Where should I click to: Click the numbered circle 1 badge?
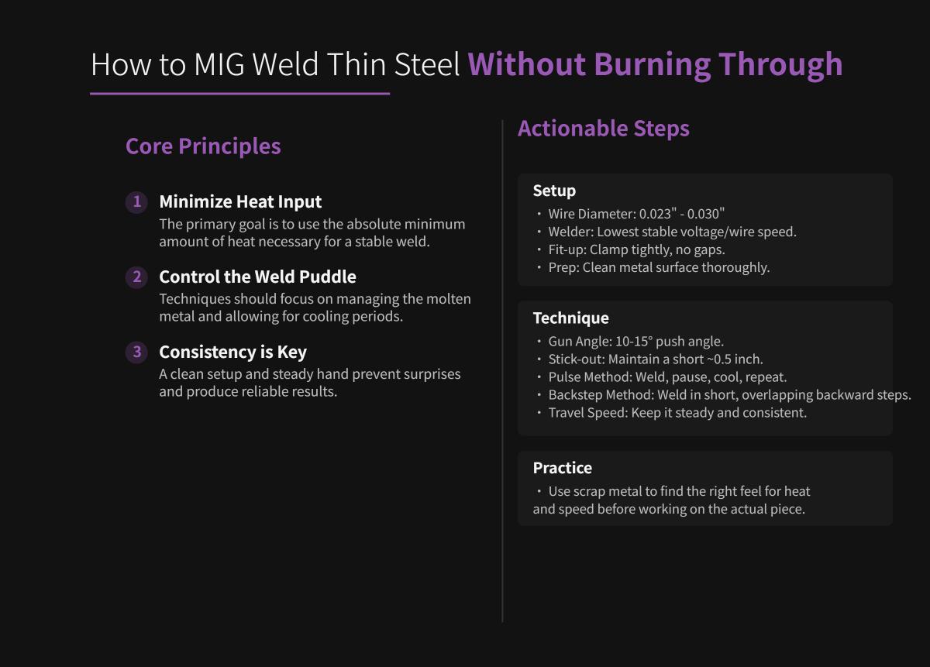coord(136,202)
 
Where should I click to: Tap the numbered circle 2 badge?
coord(136,277)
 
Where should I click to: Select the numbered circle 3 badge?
coord(136,352)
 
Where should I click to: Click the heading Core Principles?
coord(203,146)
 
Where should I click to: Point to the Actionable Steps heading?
coord(603,128)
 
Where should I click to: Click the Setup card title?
coord(554,191)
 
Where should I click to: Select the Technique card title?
coord(570,318)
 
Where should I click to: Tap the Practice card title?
coord(562,468)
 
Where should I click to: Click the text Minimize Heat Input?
coord(240,201)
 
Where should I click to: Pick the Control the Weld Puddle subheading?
coord(257,277)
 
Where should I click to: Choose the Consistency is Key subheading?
coord(232,352)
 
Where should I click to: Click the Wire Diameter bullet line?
coord(635,214)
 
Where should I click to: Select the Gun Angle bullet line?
coord(635,341)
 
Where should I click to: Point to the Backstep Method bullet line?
coord(728,394)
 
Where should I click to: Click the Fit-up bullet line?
coord(635,249)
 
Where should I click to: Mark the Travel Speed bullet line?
coord(677,412)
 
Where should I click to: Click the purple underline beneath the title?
coord(239,94)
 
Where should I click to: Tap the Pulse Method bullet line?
coord(666,376)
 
